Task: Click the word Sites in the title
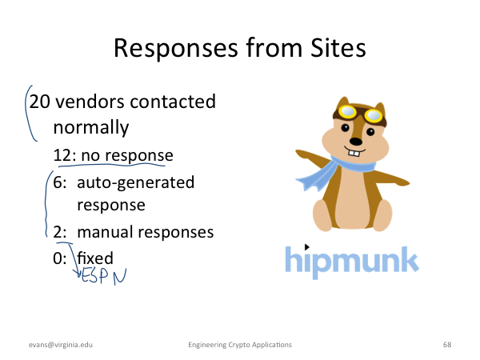(x=338, y=48)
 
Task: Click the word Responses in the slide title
(x=176, y=49)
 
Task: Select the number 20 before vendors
(x=39, y=102)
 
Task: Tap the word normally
(x=91, y=128)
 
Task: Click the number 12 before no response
(x=62, y=155)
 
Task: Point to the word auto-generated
(x=136, y=183)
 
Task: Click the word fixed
(x=95, y=258)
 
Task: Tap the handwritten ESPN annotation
(x=104, y=277)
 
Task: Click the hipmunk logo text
(x=352, y=262)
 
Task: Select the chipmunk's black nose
(x=356, y=142)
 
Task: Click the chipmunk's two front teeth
(x=354, y=153)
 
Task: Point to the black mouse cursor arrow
(x=306, y=246)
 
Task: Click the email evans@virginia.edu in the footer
(x=61, y=345)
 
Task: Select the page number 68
(x=447, y=345)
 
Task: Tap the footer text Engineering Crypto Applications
(x=240, y=345)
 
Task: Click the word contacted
(x=173, y=102)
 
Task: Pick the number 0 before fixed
(x=58, y=258)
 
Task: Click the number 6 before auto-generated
(x=58, y=182)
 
